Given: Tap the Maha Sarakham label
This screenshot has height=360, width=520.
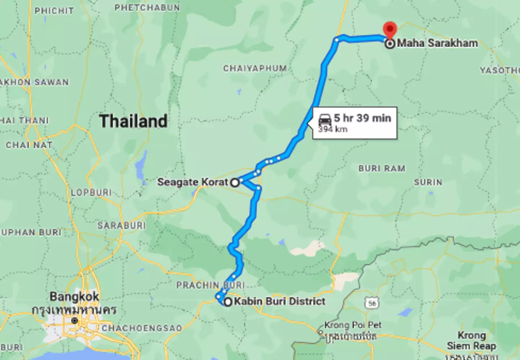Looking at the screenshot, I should (437, 43).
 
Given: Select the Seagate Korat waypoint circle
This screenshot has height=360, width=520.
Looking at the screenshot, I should (235, 182).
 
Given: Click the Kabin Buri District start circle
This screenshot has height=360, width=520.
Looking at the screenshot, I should (227, 302).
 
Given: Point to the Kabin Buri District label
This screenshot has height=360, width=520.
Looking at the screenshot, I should (279, 301).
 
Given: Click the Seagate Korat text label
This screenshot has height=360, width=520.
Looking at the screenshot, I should (193, 182).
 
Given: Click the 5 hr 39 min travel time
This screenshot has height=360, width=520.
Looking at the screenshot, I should (362, 118).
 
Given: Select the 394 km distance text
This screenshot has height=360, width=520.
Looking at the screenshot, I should (333, 129).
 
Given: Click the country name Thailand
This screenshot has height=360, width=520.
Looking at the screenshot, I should (133, 121).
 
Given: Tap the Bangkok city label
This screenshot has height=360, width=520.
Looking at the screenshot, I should (74, 297).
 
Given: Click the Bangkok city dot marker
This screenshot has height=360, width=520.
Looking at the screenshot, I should (74, 321).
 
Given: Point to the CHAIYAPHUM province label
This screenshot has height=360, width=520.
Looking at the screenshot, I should (255, 68).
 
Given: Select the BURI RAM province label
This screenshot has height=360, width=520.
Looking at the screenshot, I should (382, 169).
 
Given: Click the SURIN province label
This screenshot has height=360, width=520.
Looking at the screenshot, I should (428, 182).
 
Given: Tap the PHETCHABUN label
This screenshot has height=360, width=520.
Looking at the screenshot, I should (147, 8).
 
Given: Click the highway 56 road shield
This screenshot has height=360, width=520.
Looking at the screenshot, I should (372, 303).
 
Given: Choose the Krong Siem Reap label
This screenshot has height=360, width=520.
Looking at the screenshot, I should (471, 341).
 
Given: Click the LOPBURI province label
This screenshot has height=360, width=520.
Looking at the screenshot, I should (91, 192).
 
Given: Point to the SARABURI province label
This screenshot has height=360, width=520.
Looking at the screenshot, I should (122, 226).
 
